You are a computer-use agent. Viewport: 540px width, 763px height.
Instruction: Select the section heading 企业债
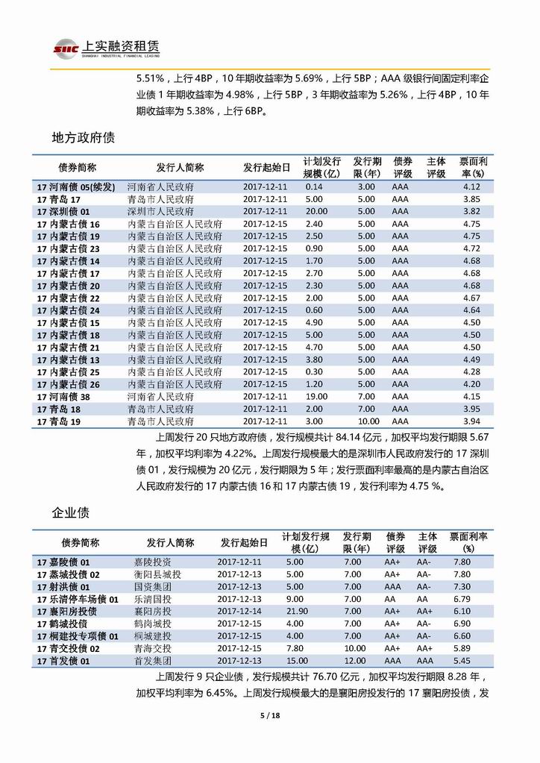tap(72, 513)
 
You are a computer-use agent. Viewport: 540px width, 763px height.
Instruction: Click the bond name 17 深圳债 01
tap(68, 212)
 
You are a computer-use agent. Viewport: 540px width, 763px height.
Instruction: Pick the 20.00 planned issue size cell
tap(314, 212)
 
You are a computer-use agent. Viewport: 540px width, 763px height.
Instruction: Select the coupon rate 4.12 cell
tap(471, 187)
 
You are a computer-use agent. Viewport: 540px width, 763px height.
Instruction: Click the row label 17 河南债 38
tap(68, 397)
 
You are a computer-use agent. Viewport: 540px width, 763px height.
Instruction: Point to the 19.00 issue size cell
tap(314, 397)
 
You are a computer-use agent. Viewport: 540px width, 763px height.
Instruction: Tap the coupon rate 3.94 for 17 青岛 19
tap(471, 421)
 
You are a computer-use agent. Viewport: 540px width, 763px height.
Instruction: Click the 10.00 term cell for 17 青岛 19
tap(366, 421)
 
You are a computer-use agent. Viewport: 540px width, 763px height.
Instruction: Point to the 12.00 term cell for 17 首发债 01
tap(355, 661)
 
